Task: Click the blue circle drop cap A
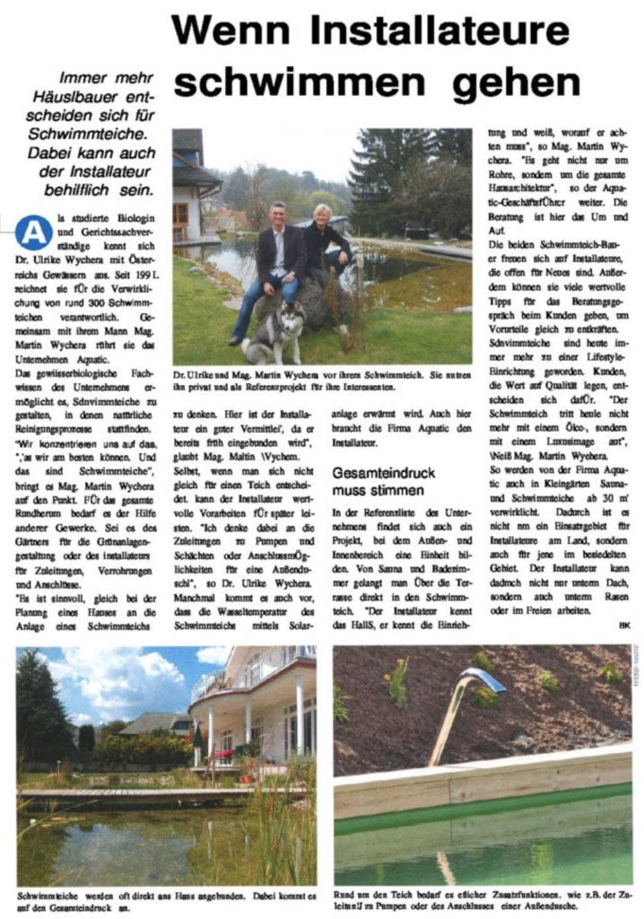pyautogui.click(x=33, y=232)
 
